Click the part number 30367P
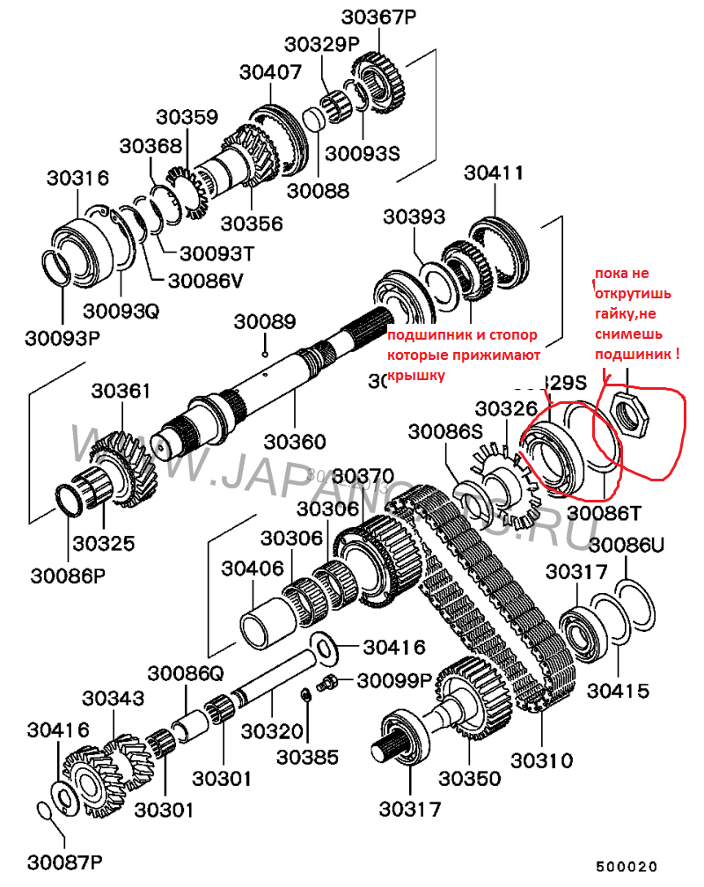coord(378,17)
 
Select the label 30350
coord(470,778)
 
